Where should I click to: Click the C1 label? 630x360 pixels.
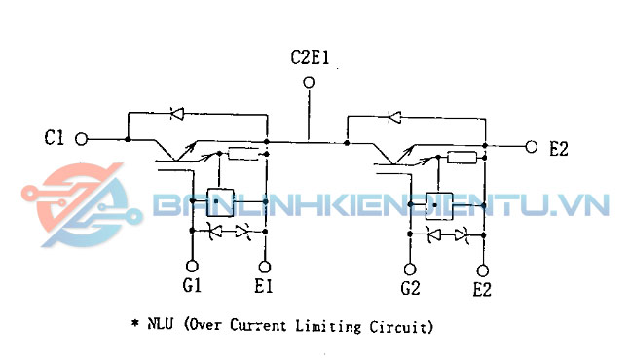pos(55,138)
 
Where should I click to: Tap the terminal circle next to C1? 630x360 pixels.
pos(82,138)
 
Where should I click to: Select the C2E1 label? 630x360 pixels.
pos(310,57)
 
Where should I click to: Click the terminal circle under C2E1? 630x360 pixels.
pos(310,83)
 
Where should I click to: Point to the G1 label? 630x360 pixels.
pos(191,287)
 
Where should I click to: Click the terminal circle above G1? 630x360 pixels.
pos(192,266)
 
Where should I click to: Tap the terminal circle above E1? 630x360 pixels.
pos(265,266)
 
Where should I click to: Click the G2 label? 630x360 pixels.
pos(410,289)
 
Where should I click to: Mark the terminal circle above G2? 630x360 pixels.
pos(411,267)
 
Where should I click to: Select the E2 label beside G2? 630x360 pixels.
pos(482,289)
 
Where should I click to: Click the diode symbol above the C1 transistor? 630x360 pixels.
pos(177,114)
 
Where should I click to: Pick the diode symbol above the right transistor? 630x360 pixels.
pos(394,117)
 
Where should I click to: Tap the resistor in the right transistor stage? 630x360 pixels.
pos(462,157)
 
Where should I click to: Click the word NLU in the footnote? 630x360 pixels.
pos(162,325)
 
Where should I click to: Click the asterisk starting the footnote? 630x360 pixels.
pos(134,323)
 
